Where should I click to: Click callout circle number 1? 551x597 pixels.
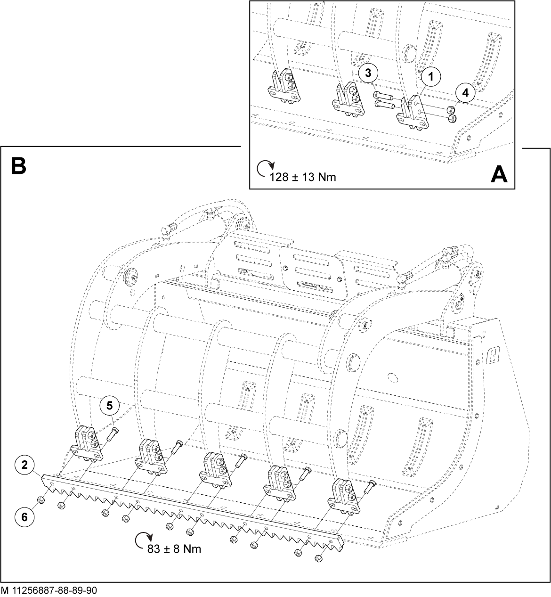431,77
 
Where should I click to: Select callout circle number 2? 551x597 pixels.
24,465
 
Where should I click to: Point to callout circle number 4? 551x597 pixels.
465,93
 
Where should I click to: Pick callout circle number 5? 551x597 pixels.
109,406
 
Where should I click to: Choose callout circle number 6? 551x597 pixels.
24,517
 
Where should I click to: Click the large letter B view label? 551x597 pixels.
19,165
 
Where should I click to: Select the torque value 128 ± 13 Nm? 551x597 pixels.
302,177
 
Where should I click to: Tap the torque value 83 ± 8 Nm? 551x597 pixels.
174,549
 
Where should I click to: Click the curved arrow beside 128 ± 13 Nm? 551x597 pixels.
265,168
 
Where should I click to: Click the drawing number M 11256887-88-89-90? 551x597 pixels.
49,590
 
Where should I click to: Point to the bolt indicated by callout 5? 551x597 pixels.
112,434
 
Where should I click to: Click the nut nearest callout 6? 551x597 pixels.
41,499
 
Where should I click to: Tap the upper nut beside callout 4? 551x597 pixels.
450,110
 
